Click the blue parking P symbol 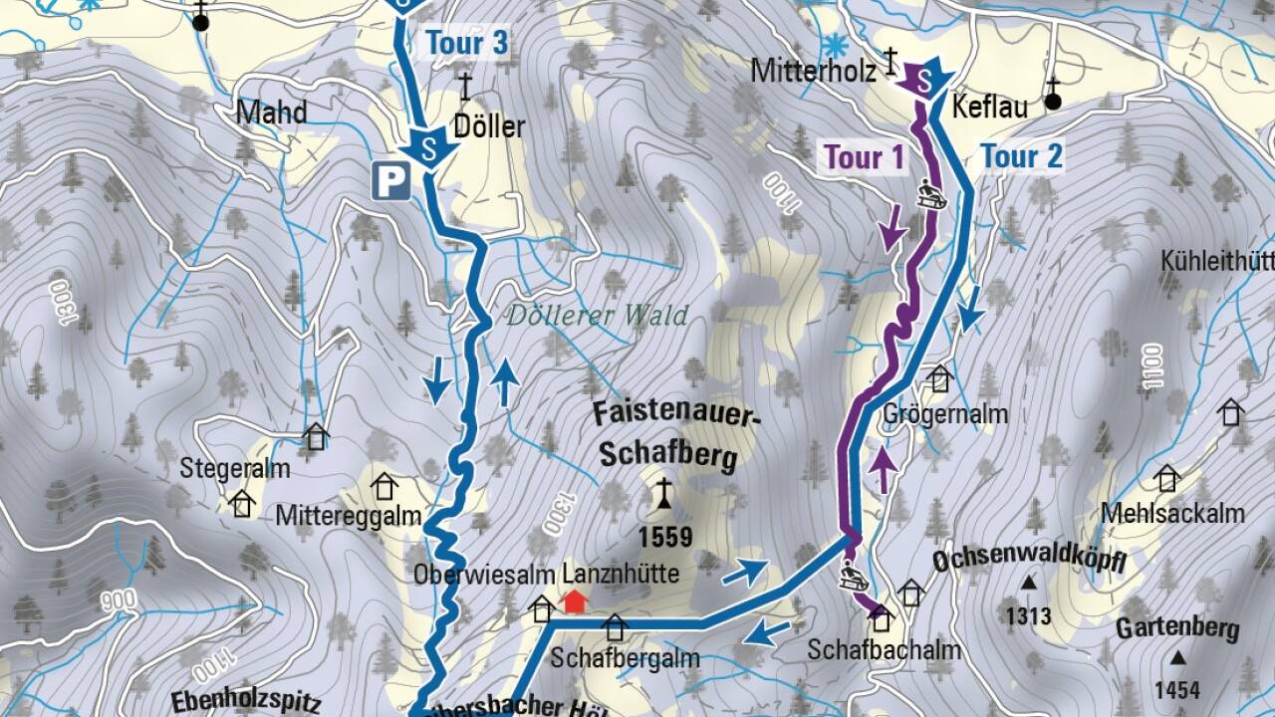pyautogui.click(x=390, y=181)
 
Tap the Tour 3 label pyautogui.click(x=467, y=44)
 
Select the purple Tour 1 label pyautogui.click(x=863, y=157)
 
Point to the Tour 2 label pyautogui.click(x=1021, y=156)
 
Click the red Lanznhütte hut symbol pyautogui.click(x=574, y=601)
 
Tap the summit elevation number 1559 pyautogui.click(x=665, y=538)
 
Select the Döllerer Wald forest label pyautogui.click(x=597, y=317)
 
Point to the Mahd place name pyautogui.click(x=271, y=113)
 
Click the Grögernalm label pyautogui.click(x=945, y=413)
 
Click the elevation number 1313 pyautogui.click(x=1028, y=616)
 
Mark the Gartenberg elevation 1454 pyautogui.click(x=1178, y=689)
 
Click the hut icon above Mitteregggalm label pyautogui.click(x=383, y=486)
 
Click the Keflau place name pyautogui.click(x=989, y=108)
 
